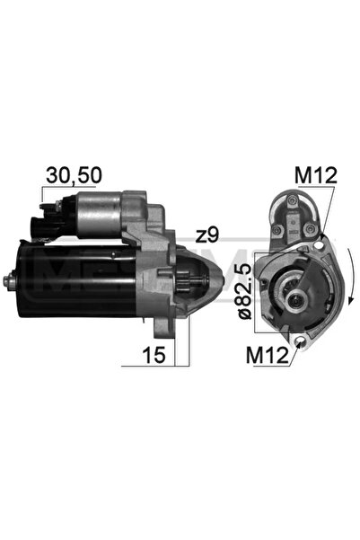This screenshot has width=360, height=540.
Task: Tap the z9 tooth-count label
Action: pos(207,235)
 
